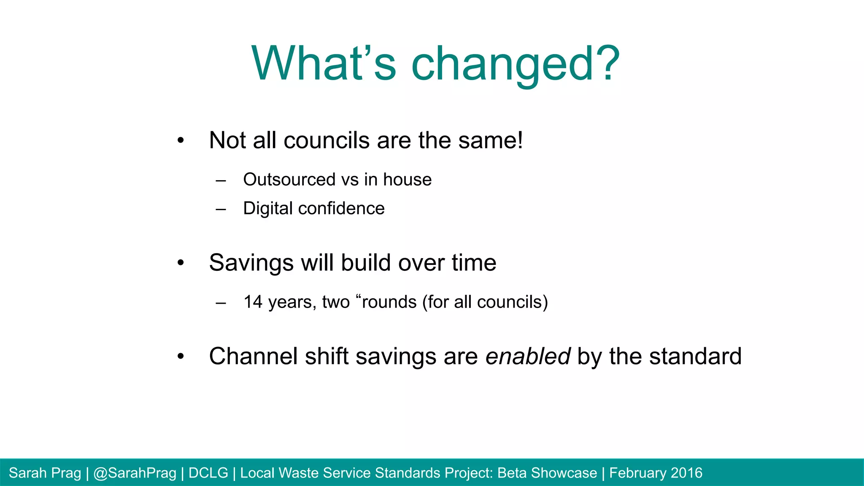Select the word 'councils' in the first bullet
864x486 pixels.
pyautogui.click(x=327, y=140)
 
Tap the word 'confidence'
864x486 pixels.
pyautogui.click(x=341, y=208)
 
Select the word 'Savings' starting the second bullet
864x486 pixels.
pyautogui.click(x=251, y=263)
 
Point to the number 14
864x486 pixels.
pyautogui.click(x=253, y=302)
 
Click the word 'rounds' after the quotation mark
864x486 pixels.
pyautogui.click(x=389, y=302)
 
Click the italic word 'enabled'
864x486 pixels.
pyautogui.click(x=528, y=356)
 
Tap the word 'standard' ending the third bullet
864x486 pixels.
pyautogui.click(x=695, y=356)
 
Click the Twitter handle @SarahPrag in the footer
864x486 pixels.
pyautogui.click(x=135, y=473)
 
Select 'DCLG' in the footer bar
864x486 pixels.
pyautogui.click(x=208, y=473)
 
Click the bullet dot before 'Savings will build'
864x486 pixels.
pyautogui.click(x=181, y=263)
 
